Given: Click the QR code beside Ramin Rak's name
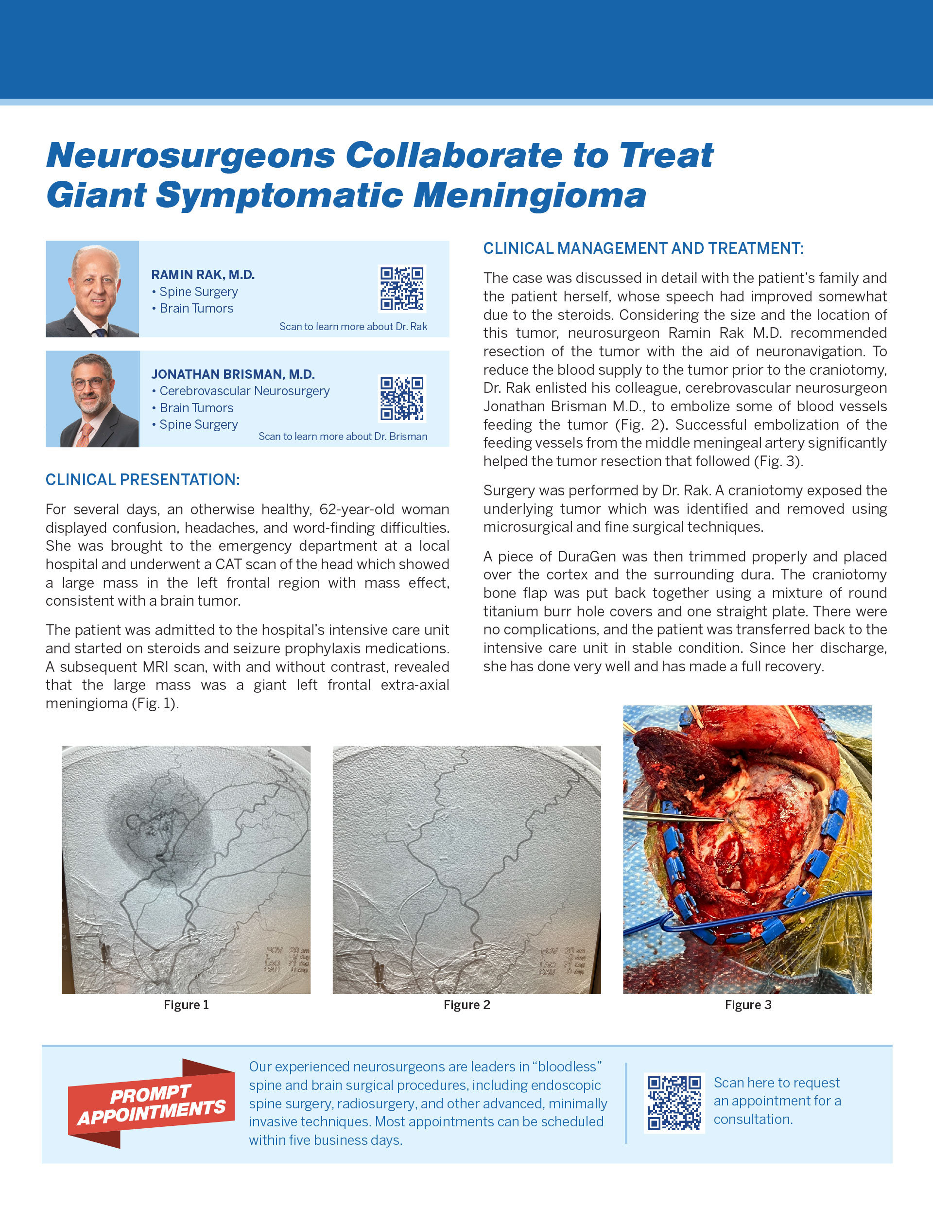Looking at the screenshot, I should pos(402,289).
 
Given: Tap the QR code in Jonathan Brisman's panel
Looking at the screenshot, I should pos(402,399).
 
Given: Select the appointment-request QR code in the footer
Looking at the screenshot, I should pos(674,1103).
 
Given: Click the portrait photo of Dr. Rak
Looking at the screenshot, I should pos(92,289).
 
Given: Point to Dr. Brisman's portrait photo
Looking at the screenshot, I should pos(92,399).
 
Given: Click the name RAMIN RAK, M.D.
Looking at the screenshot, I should pos(203,275).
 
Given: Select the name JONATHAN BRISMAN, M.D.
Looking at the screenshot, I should pos(233,374).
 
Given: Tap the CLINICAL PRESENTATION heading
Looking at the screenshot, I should pos(143,479).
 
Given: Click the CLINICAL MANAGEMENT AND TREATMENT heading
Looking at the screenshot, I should pos(643,248).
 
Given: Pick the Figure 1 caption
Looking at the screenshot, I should pos(187,1005).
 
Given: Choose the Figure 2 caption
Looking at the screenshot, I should pos(467,1005).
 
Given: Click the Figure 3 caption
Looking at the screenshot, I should pos(748,1005).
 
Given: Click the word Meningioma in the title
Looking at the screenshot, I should pos(529,196).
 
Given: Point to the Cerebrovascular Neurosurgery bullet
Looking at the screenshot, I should pos(244,391).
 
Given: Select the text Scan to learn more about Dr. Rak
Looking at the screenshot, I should pos(353,327).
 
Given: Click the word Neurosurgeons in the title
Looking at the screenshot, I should pos(191,156).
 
